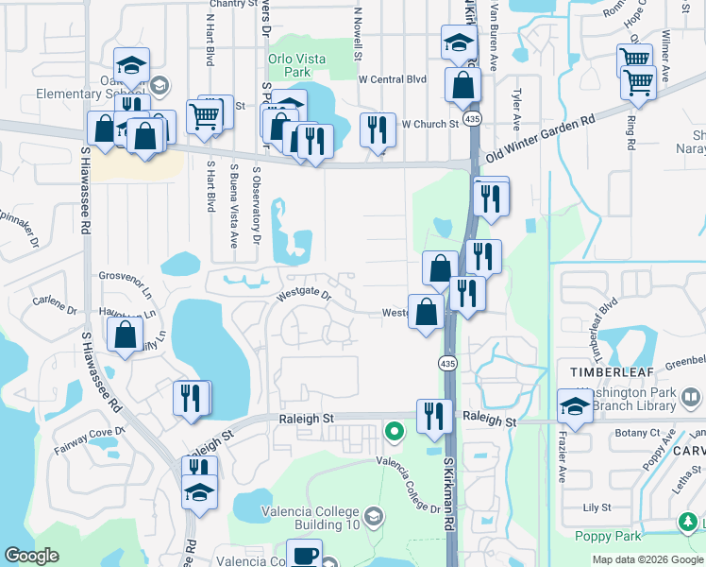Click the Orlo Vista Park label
(x=296, y=65)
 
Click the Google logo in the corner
(x=31, y=556)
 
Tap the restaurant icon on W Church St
(x=378, y=129)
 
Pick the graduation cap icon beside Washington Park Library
(x=575, y=406)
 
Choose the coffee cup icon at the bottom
(x=304, y=555)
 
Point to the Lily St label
(x=597, y=507)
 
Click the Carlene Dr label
(x=54, y=309)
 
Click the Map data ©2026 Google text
(x=647, y=559)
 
